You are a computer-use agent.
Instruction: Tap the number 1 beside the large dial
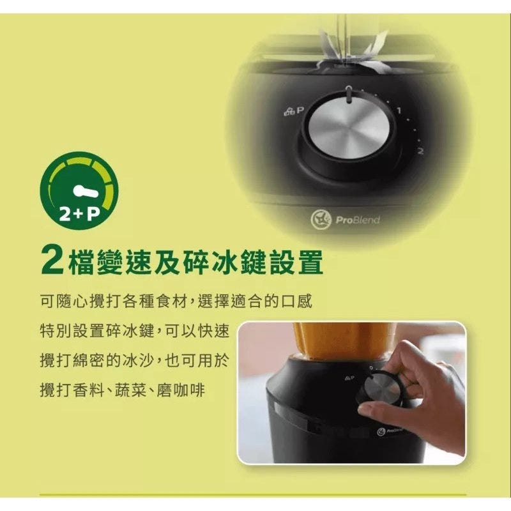398,111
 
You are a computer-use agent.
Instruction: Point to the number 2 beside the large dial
420,151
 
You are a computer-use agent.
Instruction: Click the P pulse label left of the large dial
300,111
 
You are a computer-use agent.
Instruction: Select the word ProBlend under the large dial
358,220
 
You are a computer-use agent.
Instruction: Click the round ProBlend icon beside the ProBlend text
321,219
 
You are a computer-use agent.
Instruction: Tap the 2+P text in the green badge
79,214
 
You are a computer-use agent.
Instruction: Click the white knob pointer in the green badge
86,192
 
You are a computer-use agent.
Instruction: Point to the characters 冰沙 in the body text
140,360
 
